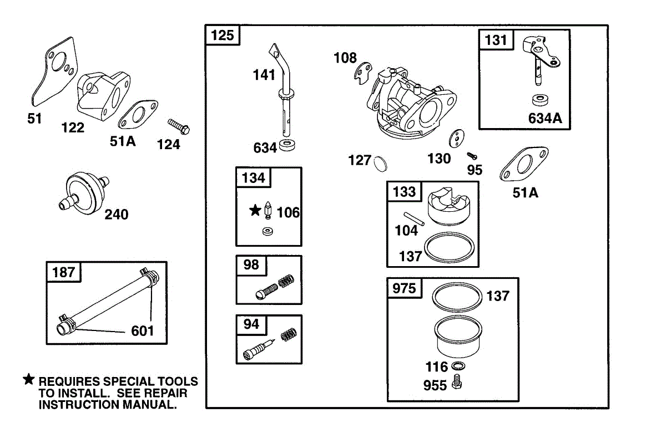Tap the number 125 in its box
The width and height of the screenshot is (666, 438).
[223, 36]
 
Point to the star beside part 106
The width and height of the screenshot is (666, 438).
[255, 210]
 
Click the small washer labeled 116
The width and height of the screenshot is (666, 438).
[458, 366]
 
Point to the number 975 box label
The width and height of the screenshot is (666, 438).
[404, 288]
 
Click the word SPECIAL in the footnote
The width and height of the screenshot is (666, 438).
[129, 381]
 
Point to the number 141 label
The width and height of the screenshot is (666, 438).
[264, 74]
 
